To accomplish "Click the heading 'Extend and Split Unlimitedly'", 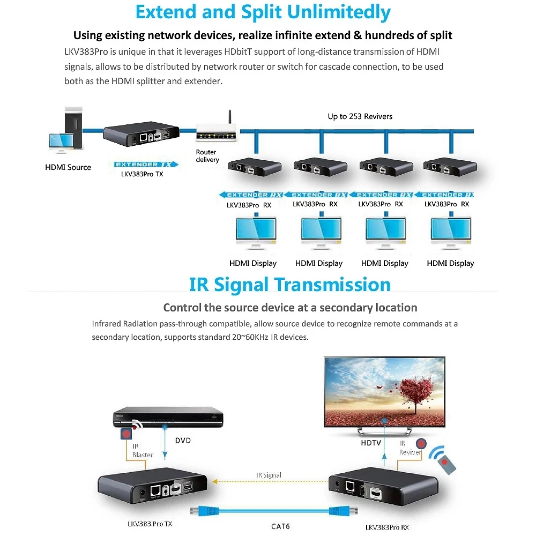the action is click(263, 12).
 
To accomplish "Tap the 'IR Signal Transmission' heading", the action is click(289, 285).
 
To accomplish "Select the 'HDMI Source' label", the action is click(68, 167).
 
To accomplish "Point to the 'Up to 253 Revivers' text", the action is click(360, 116).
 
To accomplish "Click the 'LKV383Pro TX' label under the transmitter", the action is click(142, 174).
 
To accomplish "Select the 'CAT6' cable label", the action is click(280, 526).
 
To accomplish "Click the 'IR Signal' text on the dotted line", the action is click(269, 475).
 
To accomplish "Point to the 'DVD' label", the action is click(183, 441).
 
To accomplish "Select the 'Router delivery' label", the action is click(207, 156).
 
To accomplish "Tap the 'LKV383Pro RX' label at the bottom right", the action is click(390, 527).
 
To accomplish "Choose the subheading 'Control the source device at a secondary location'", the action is click(290, 308).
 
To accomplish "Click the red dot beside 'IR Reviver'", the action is click(421, 444).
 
